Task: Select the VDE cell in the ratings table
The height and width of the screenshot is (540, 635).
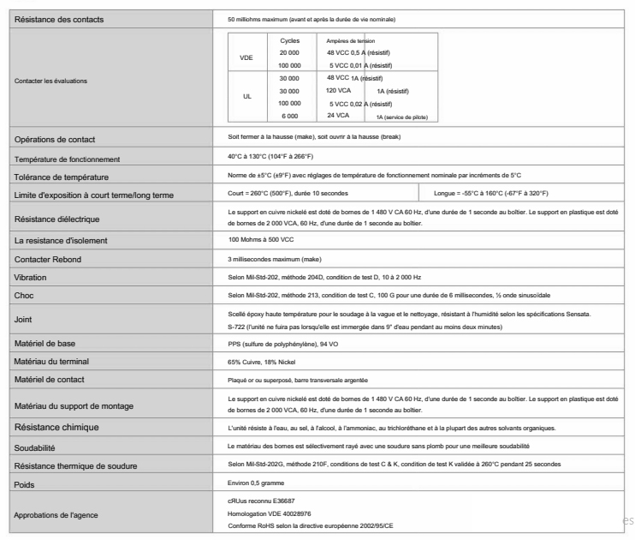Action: pos(245,57)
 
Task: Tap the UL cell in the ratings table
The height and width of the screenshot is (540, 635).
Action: pos(245,97)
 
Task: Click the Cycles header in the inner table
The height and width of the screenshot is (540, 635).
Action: pos(290,39)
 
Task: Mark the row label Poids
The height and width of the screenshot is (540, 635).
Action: pos(25,484)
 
